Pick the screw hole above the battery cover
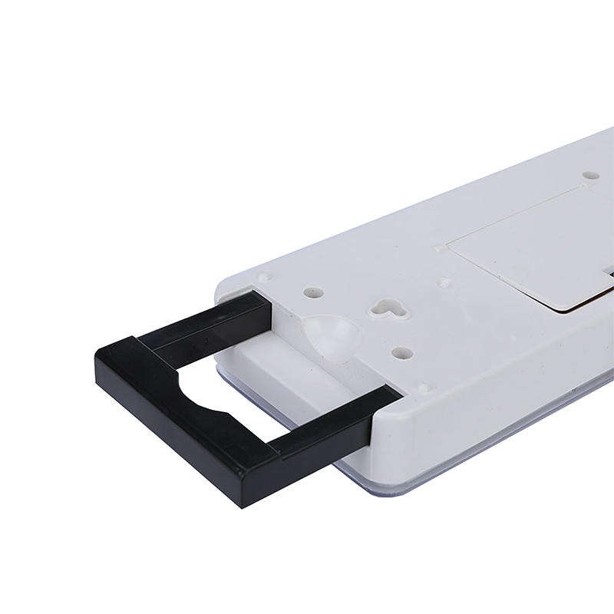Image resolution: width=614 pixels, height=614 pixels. point(590,175)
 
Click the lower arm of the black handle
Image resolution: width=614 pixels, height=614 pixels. point(330,424)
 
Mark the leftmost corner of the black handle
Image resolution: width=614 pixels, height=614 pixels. point(97,355)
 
